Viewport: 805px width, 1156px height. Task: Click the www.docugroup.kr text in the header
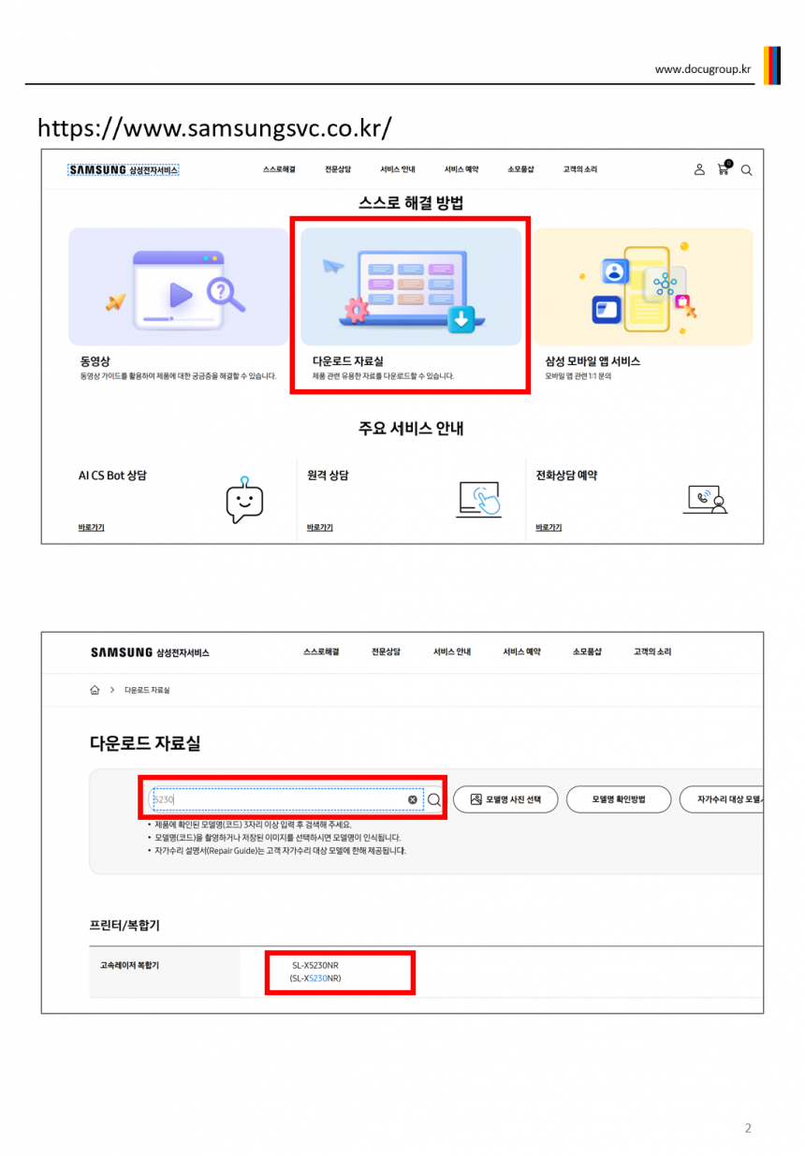click(x=702, y=69)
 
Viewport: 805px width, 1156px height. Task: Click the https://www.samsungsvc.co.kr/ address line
click(x=214, y=128)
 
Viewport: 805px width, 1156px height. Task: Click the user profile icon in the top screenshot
click(x=699, y=169)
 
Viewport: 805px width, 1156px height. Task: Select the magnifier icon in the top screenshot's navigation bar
click(x=746, y=170)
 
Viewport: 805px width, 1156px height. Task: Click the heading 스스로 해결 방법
click(x=411, y=203)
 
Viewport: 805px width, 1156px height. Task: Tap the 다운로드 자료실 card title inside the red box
click(x=348, y=361)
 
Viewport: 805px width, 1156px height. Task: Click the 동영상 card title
click(x=95, y=361)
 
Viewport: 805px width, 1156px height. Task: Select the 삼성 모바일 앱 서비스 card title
click(x=593, y=361)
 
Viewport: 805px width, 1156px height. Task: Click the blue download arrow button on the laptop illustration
click(x=461, y=319)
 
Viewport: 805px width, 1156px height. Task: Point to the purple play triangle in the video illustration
click(x=181, y=295)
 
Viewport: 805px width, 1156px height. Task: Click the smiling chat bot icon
click(x=244, y=500)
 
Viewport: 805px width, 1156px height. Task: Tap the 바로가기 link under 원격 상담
click(x=320, y=527)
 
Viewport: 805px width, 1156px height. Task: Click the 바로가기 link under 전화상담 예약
click(x=549, y=527)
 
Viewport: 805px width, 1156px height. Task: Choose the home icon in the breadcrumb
click(x=95, y=690)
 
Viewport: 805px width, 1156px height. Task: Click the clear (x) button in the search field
click(x=412, y=799)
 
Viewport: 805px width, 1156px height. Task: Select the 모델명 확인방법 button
click(x=618, y=799)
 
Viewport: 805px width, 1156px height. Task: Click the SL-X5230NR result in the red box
click(x=315, y=972)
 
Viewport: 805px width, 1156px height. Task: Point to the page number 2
click(x=748, y=1128)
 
